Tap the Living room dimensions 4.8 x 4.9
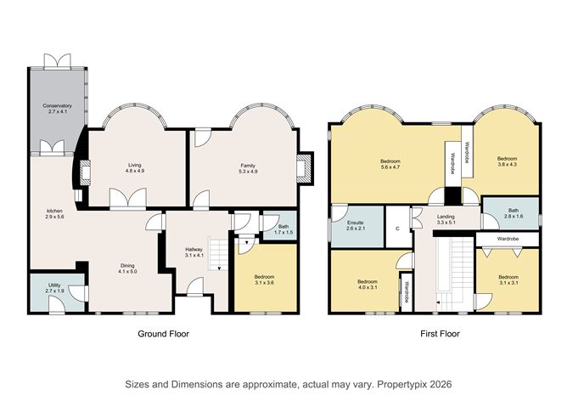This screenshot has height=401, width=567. (135, 171)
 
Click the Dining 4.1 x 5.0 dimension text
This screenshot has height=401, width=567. (127, 271)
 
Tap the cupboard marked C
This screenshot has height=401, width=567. (398, 229)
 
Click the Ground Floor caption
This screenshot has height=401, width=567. (164, 334)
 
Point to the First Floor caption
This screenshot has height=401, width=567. (440, 334)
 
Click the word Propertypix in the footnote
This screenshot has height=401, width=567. (402, 384)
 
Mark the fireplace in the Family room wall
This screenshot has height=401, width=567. (305, 169)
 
